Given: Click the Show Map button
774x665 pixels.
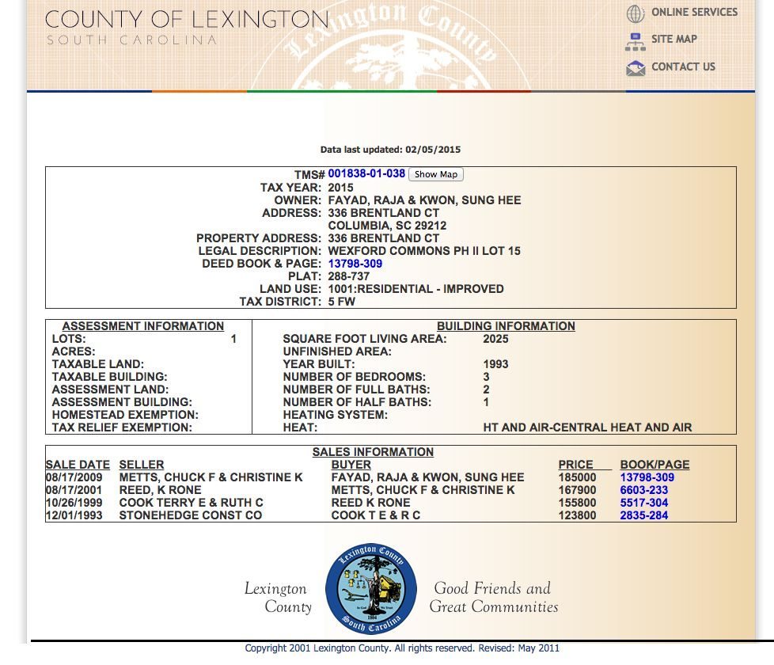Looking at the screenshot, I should pyautogui.click(x=436, y=174).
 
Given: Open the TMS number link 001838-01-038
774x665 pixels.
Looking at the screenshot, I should pyautogui.click(x=366, y=174).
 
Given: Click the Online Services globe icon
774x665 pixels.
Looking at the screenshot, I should pyautogui.click(x=636, y=13).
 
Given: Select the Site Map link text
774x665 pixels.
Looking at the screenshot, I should pyautogui.click(x=673, y=40).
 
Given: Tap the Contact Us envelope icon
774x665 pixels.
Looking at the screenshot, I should pyautogui.click(x=636, y=68).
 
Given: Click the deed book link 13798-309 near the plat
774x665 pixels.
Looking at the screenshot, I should pyautogui.click(x=355, y=264).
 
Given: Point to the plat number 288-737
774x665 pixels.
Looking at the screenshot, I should pyautogui.click(x=349, y=276).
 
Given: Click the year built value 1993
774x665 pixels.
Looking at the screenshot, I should pyautogui.click(x=495, y=364).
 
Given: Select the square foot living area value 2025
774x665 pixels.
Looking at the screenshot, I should pyautogui.click(x=495, y=339).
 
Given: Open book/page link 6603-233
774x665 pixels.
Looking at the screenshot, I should pyautogui.click(x=643, y=490).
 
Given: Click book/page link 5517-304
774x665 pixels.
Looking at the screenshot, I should pyautogui.click(x=643, y=503).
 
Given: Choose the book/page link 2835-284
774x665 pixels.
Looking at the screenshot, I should pyautogui.click(x=643, y=515).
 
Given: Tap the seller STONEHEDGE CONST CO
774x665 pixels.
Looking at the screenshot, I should pyautogui.click(x=190, y=515).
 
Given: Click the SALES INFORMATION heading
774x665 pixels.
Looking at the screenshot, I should pyautogui.click(x=373, y=452).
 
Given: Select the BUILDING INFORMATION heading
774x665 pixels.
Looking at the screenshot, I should pyautogui.click(x=506, y=326).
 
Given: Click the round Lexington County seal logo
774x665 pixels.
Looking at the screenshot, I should pyautogui.click(x=370, y=588).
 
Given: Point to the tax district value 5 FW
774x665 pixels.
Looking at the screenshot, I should pyautogui.click(x=342, y=302).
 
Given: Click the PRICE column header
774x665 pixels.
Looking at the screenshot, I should pyautogui.click(x=575, y=465).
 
